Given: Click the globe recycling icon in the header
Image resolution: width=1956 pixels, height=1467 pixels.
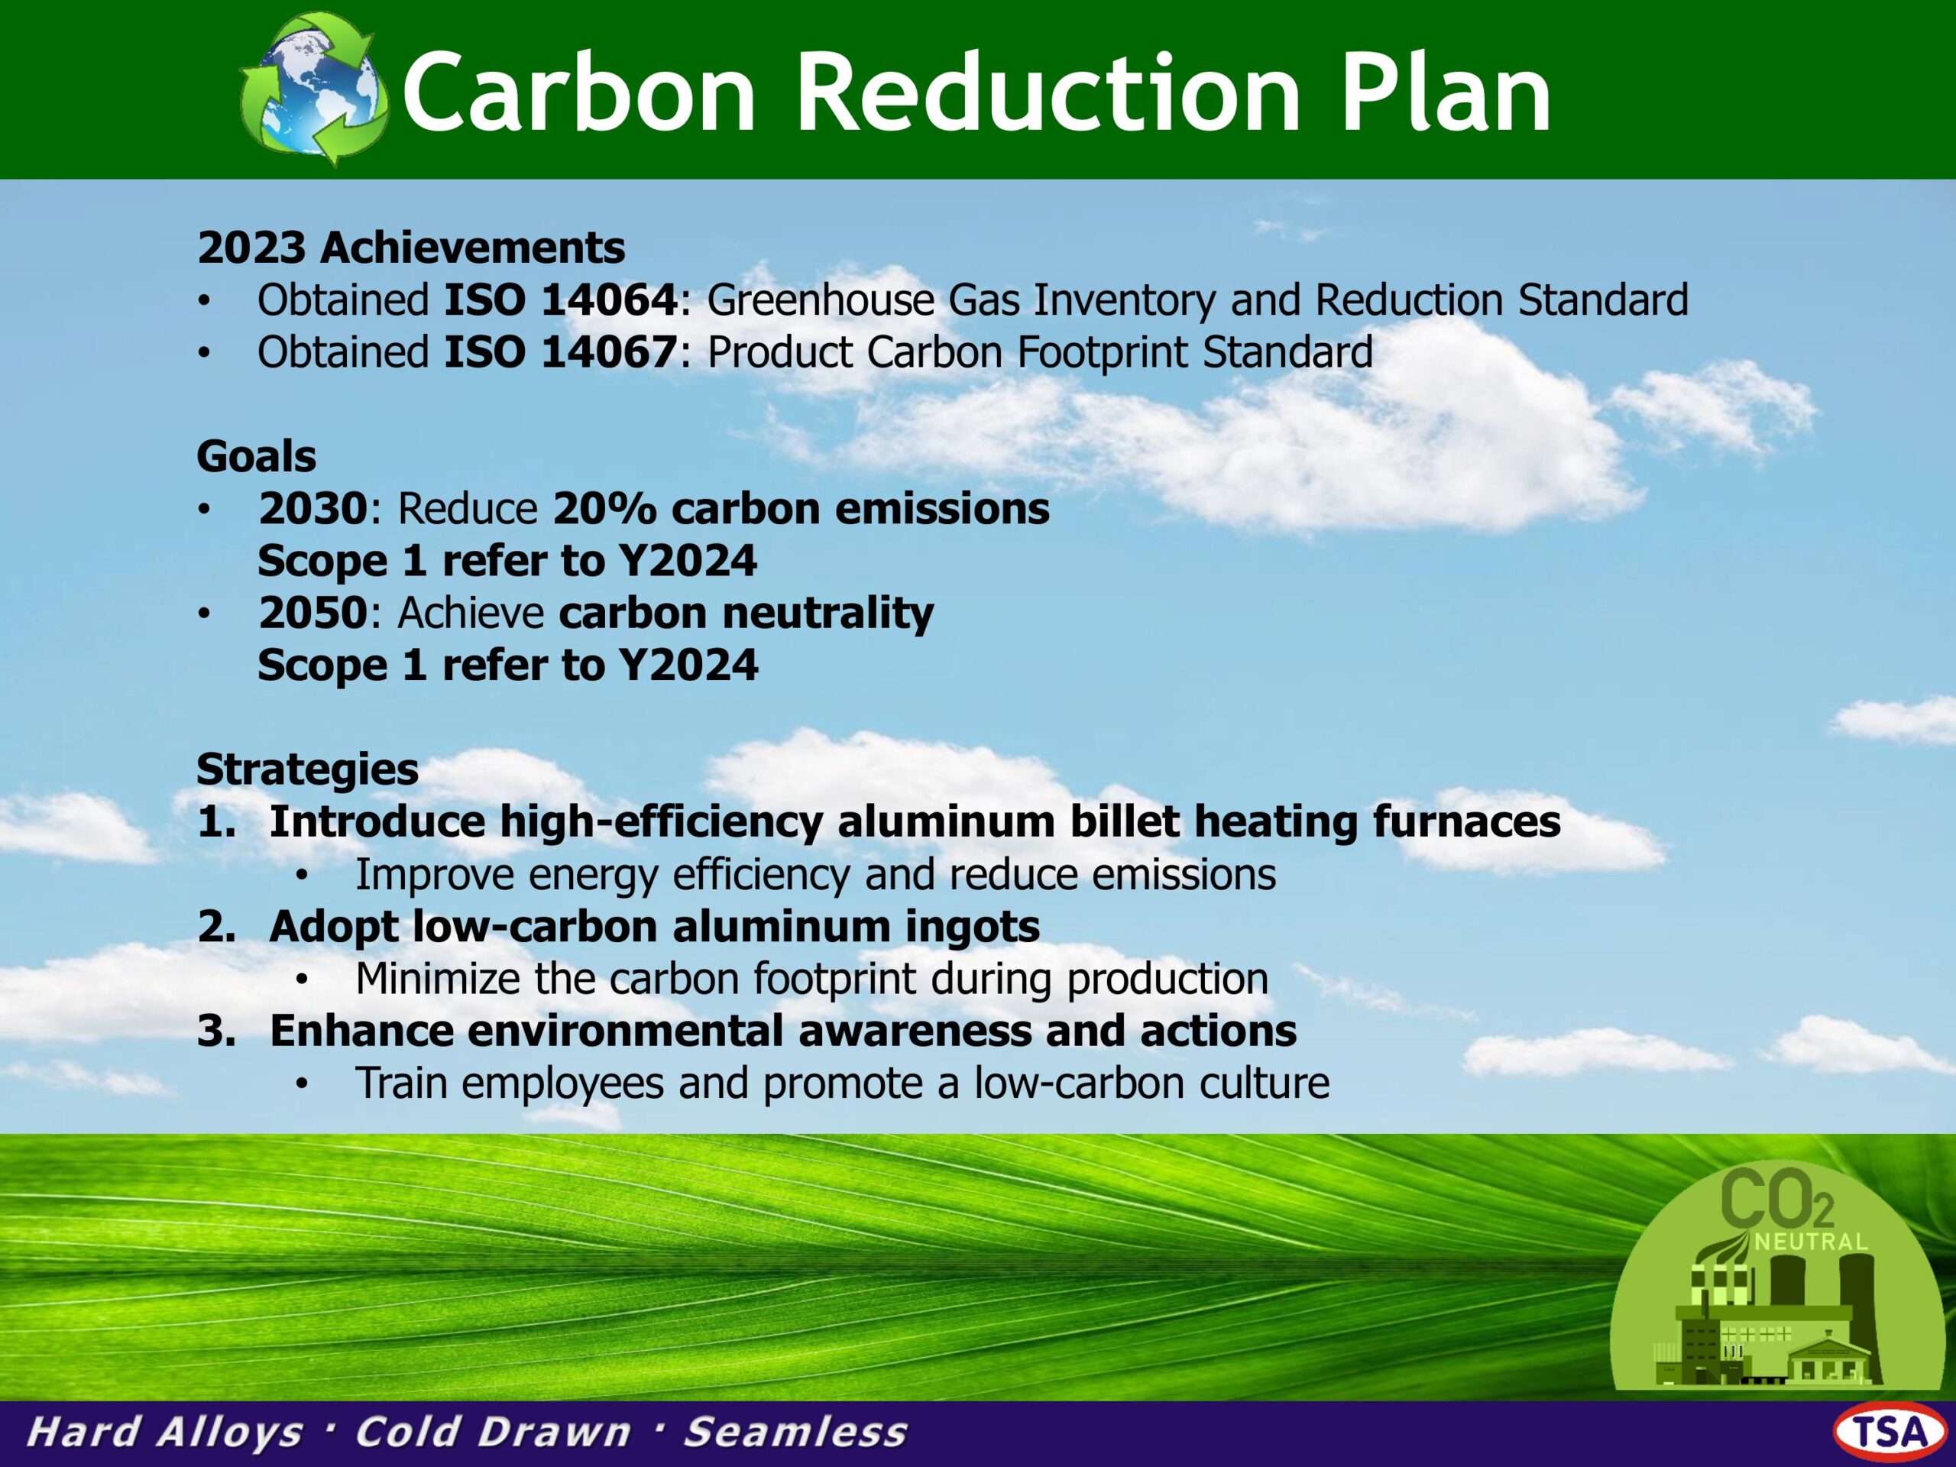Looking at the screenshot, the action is tap(314, 89).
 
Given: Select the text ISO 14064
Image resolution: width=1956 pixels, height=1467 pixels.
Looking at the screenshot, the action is tap(561, 300).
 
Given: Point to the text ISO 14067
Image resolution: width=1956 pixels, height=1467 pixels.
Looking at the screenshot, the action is tap(561, 352).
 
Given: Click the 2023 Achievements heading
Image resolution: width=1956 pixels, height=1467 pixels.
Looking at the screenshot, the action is tap(411, 248).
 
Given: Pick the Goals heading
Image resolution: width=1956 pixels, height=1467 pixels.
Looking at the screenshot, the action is tap(257, 456).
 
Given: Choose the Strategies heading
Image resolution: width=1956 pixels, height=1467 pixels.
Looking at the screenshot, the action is tap(308, 770).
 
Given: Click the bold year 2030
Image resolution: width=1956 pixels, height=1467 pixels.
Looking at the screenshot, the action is tap(313, 508).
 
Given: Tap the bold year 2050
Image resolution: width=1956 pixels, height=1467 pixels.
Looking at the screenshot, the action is tap(313, 613).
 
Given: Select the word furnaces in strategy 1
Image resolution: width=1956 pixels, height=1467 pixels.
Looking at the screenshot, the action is tap(1466, 821).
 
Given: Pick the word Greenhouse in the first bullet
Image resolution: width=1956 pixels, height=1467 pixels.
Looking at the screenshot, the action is tap(821, 300).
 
